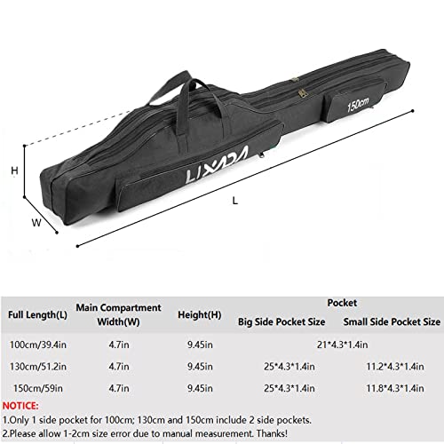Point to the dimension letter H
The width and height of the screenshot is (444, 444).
(14, 170)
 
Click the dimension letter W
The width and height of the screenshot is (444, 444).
(37, 224)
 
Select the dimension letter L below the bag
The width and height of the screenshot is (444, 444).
(234, 201)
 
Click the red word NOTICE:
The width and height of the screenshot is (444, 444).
(23, 405)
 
